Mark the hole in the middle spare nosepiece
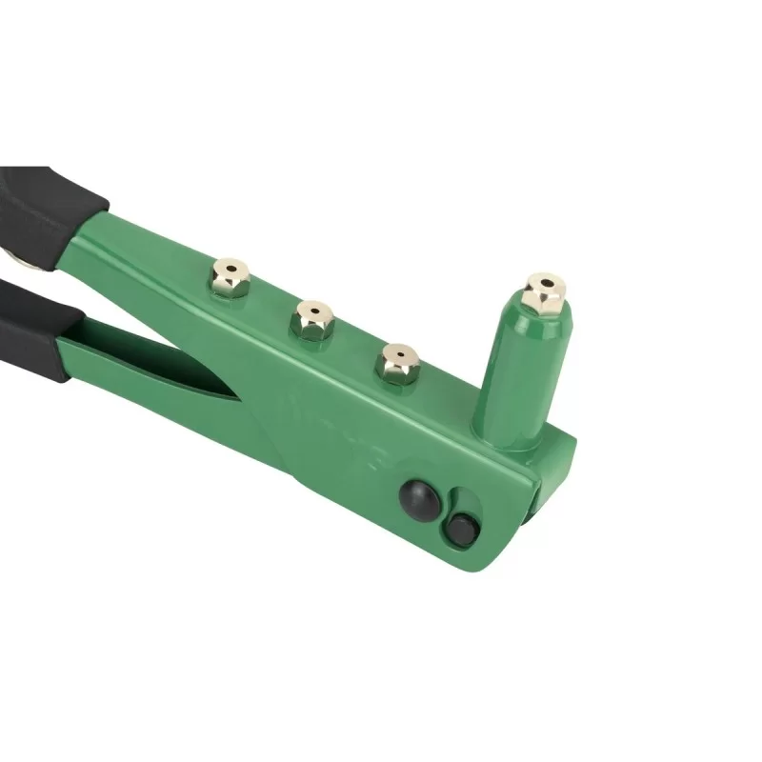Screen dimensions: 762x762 point(312,310)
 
